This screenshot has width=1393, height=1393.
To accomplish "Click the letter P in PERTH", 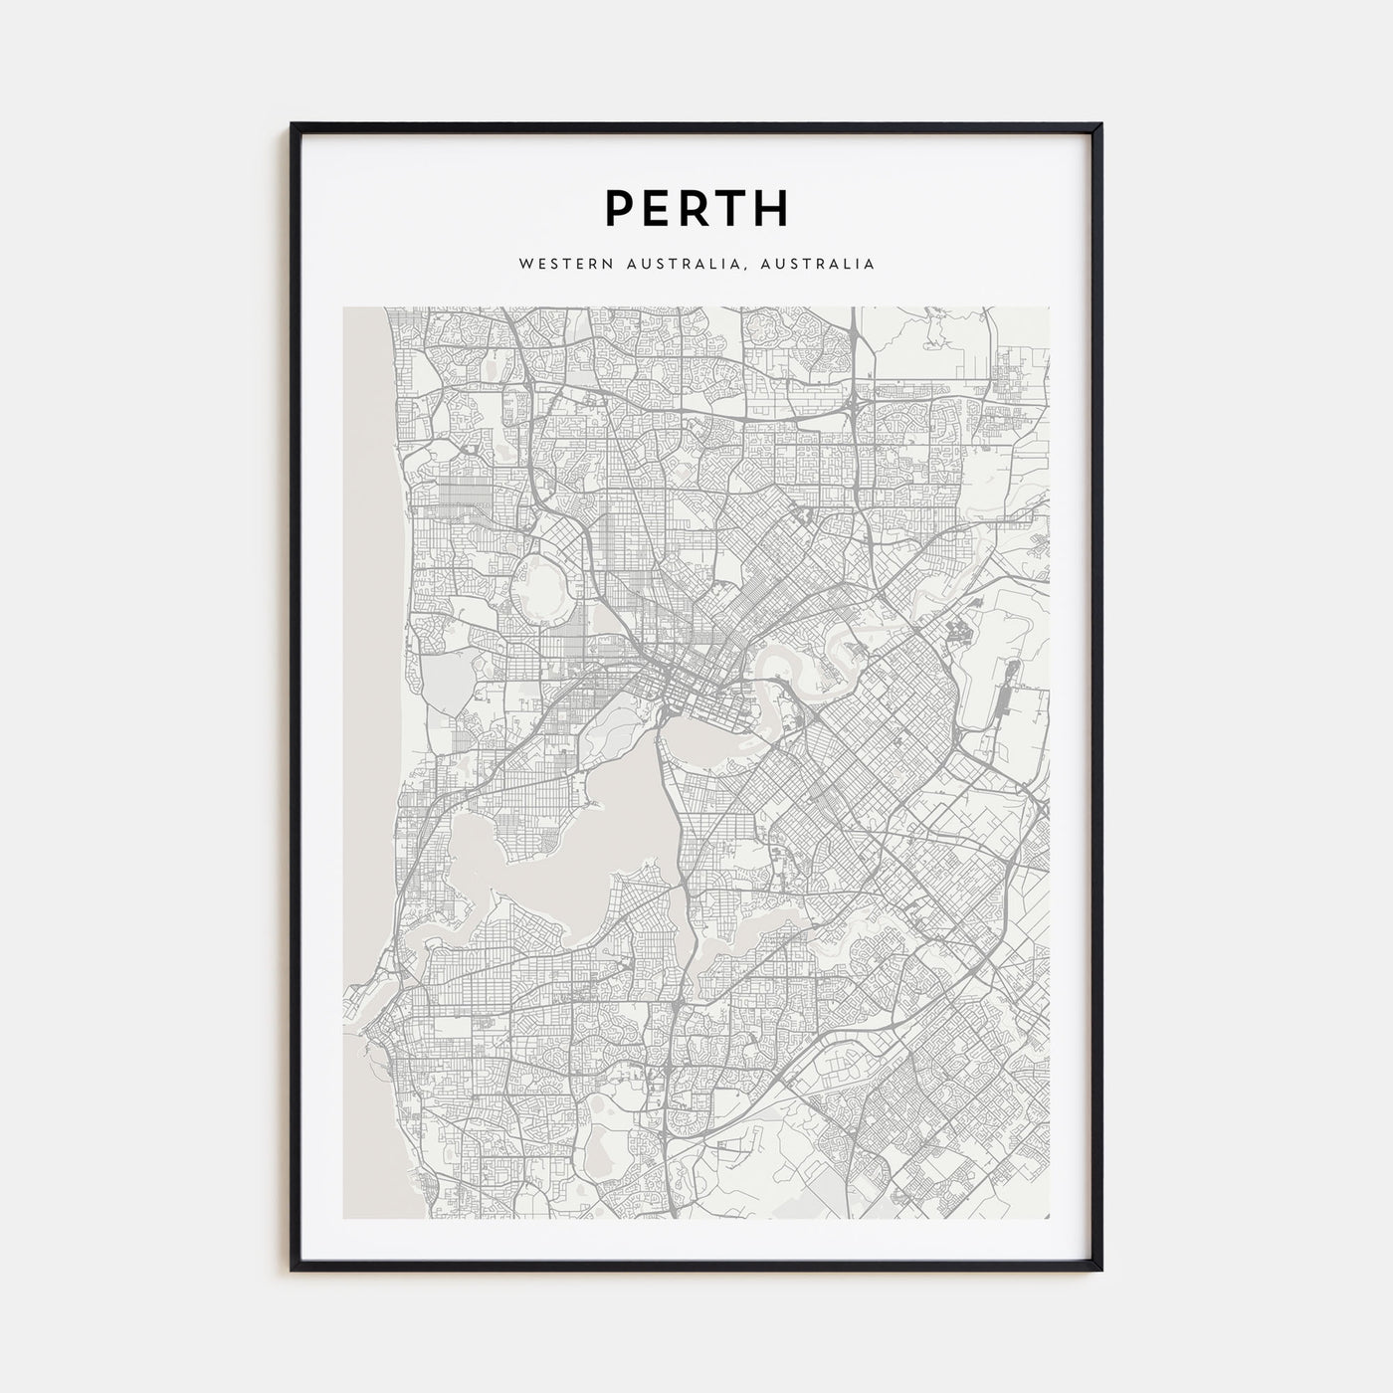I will pos(619,209).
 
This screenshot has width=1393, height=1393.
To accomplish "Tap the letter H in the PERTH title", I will pos(771,209).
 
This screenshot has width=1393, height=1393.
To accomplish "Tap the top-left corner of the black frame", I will pos(294,126).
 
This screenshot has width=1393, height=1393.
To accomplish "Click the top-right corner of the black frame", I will pos(1099,126).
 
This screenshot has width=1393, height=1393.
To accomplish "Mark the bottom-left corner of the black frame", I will pos(294,1269).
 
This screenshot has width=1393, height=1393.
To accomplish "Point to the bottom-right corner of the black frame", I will pos(1099,1269).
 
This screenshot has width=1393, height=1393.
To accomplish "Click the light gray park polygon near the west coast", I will pos(443,687).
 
